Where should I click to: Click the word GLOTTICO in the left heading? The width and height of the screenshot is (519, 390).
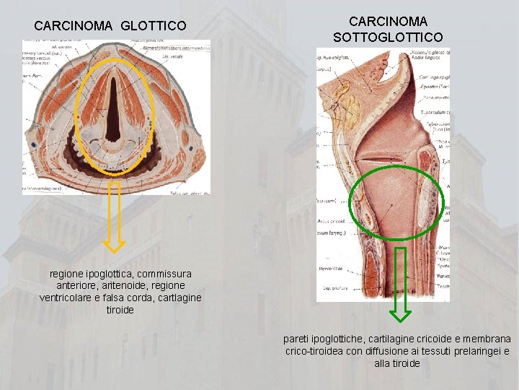click(x=154, y=26)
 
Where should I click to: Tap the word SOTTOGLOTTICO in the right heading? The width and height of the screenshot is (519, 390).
click(x=388, y=37)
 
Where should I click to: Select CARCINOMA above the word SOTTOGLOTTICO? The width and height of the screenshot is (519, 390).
click(x=388, y=22)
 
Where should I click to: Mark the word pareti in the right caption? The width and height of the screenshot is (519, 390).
click(x=297, y=339)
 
